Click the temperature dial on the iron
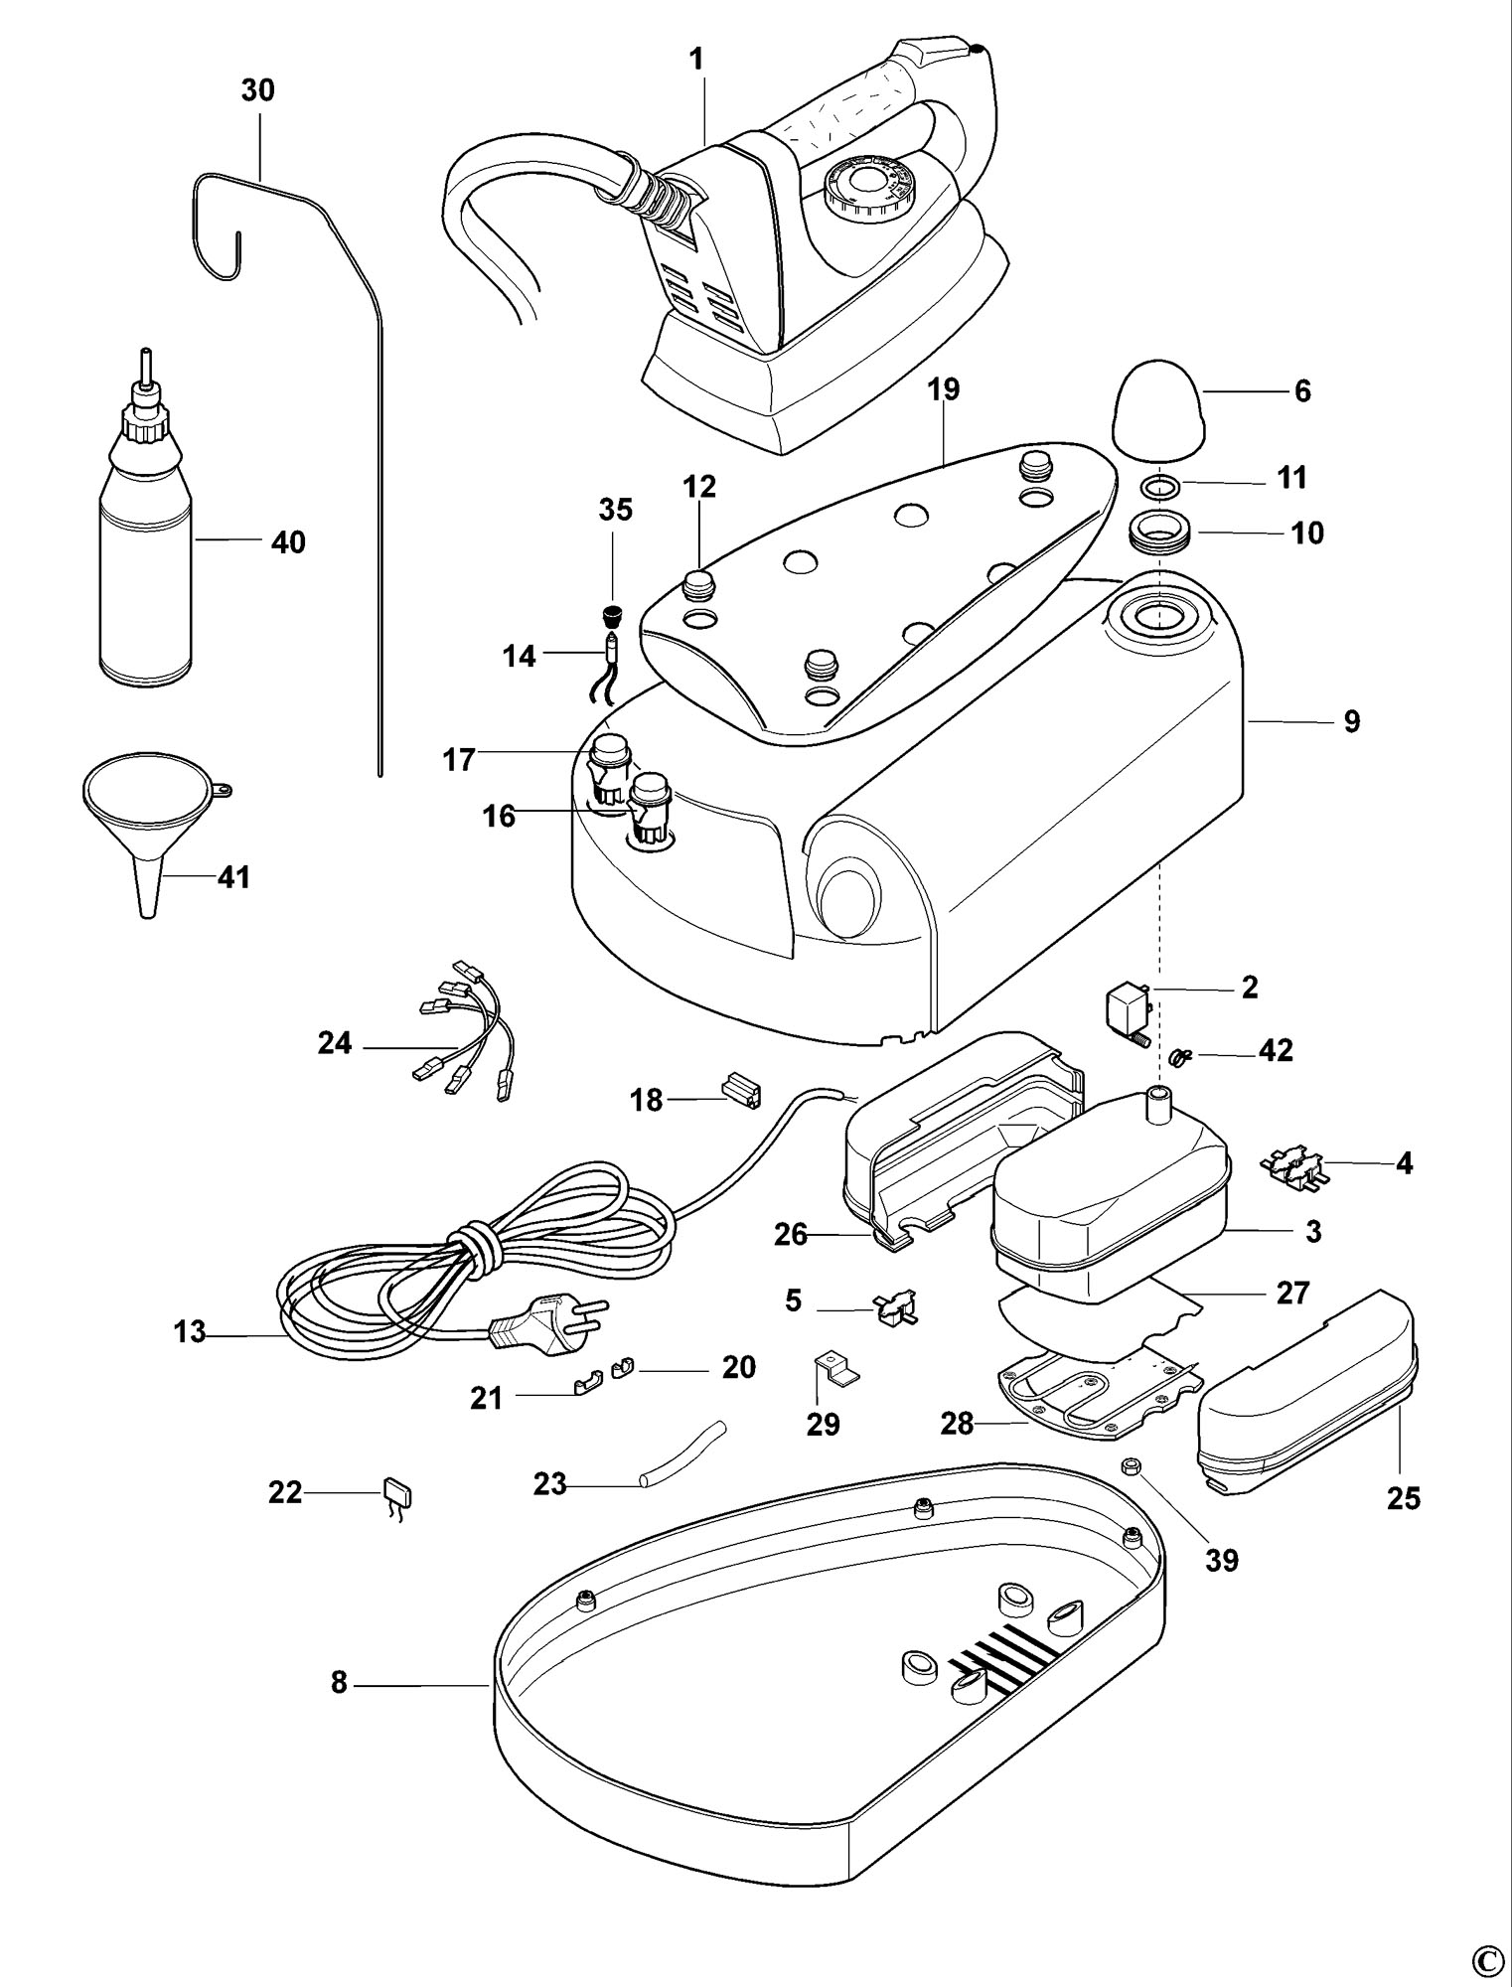point(855,187)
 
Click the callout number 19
point(944,389)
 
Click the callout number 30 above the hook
point(257,90)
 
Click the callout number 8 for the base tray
point(339,1682)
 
